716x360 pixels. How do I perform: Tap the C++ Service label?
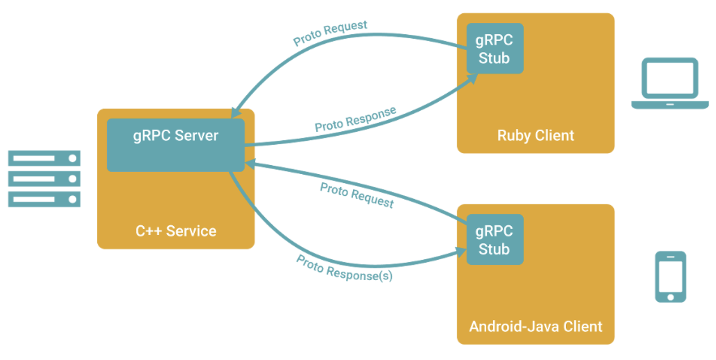point(176,231)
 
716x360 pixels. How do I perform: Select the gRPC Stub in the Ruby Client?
point(495,49)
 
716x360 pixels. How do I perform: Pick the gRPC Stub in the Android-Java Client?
point(495,240)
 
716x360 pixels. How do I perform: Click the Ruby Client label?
point(536,136)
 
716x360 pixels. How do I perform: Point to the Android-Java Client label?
point(536,327)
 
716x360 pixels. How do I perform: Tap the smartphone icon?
point(670,276)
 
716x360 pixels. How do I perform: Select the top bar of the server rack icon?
point(44,158)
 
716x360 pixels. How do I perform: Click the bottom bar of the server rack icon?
point(44,199)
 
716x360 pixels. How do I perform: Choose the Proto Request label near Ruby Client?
point(330,33)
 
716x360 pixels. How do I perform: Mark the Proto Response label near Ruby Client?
point(356,119)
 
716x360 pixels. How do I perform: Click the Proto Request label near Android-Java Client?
point(357,195)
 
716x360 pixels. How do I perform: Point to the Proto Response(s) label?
point(344,268)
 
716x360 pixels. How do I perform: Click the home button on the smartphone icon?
point(670,297)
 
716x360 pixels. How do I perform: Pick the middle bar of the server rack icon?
point(44,179)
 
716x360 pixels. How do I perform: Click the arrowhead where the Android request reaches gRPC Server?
point(250,164)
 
